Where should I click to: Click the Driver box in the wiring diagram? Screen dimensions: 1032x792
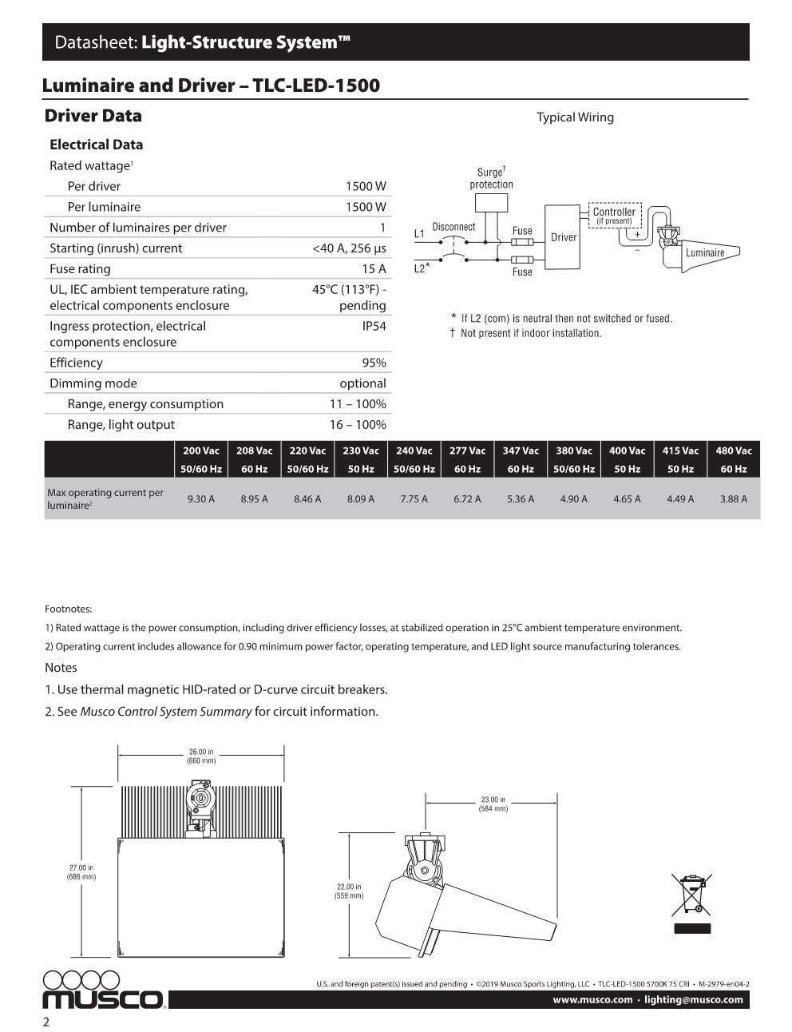click(564, 237)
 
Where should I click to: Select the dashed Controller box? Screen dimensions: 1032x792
click(614, 216)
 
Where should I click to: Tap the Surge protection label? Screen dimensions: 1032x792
click(491, 178)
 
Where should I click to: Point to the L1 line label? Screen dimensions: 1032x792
click(419, 234)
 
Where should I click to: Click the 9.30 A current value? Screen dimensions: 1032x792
click(200, 498)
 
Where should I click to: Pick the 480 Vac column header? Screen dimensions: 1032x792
click(733, 451)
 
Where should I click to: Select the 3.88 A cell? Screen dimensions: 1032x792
click(733, 498)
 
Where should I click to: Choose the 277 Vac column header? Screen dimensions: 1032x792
click(467, 451)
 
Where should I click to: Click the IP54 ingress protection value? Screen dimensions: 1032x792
click(374, 326)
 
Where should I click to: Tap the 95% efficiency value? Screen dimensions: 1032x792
click(374, 363)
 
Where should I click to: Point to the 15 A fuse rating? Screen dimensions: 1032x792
click(374, 269)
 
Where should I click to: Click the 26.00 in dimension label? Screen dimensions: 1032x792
click(201, 756)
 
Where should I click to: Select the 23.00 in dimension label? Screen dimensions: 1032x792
click(493, 804)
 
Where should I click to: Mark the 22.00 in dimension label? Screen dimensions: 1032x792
click(348, 891)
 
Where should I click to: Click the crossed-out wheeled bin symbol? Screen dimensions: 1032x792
click(691, 895)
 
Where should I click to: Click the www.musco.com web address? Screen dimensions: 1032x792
click(592, 999)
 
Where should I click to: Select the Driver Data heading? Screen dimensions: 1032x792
click(93, 116)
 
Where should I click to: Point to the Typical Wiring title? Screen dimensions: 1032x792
click(575, 117)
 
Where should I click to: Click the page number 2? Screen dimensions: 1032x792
click(46, 1022)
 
